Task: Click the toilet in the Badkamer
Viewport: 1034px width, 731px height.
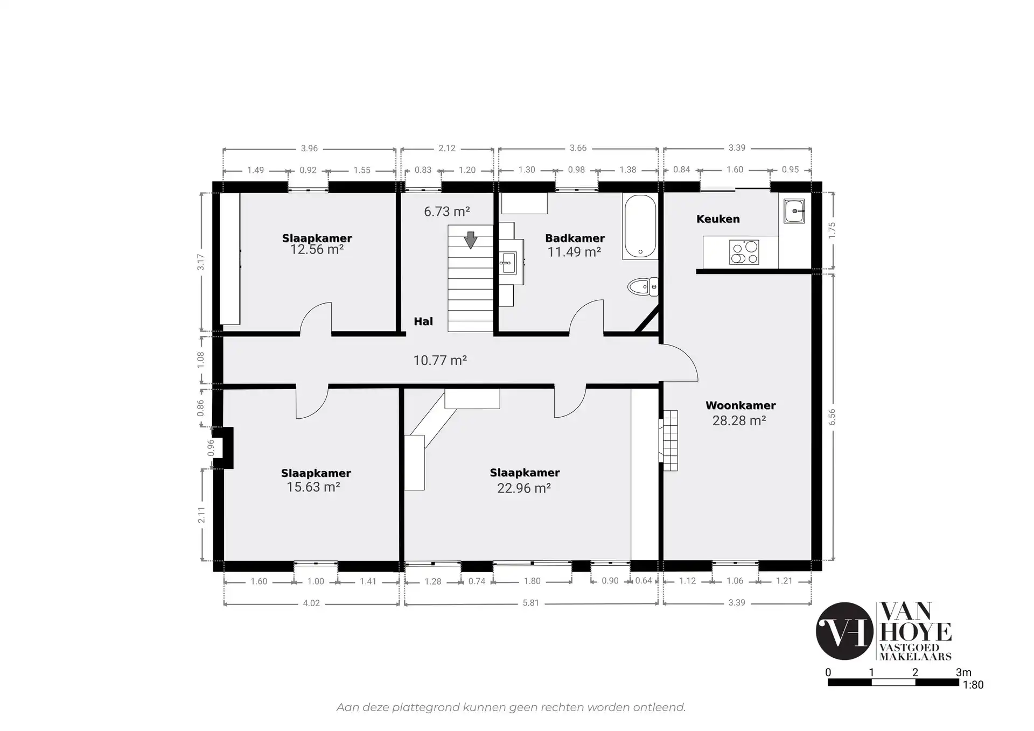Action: click(x=643, y=287)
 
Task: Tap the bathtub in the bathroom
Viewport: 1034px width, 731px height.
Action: click(x=640, y=227)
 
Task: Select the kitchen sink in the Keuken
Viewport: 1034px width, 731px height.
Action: click(x=794, y=211)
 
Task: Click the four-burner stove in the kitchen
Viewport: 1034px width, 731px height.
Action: click(x=744, y=252)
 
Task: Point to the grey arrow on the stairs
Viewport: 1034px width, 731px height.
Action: click(x=471, y=240)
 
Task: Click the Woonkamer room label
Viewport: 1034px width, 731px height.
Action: click(x=740, y=405)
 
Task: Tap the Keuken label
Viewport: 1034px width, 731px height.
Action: click(x=718, y=219)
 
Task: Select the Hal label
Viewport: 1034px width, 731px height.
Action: click(x=423, y=321)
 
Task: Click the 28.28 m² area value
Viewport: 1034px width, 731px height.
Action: click(x=739, y=420)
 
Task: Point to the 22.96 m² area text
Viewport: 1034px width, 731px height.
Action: click(x=523, y=488)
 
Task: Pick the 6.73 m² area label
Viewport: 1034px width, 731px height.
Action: click(x=446, y=212)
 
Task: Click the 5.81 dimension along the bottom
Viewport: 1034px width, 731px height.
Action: click(x=531, y=603)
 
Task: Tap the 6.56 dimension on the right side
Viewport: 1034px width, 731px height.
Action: click(x=832, y=417)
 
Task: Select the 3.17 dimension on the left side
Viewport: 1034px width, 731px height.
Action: click(x=201, y=262)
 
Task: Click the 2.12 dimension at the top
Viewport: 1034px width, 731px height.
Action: click(x=447, y=148)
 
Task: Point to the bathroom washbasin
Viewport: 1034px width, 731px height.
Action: click(x=508, y=263)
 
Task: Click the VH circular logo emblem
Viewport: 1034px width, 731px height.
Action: click(x=844, y=631)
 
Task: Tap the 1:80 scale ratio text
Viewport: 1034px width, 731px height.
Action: click(x=973, y=685)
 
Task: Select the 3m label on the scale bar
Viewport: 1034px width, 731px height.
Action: click(x=964, y=672)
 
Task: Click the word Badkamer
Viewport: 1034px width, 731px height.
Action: click(x=575, y=238)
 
